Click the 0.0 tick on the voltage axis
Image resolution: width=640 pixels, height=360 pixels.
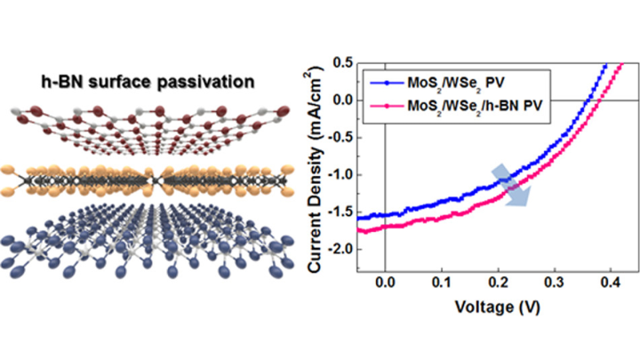coord(385,284)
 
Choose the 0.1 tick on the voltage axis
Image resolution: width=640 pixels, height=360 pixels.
coord(441,284)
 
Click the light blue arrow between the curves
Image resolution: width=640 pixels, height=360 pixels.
coord(514,184)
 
